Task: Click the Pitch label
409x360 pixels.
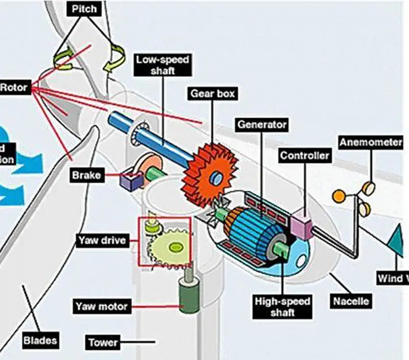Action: click(84, 9)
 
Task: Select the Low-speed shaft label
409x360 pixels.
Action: click(163, 65)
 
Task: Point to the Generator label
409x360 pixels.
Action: click(262, 124)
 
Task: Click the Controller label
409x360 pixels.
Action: click(305, 155)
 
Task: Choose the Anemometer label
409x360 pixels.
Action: click(371, 142)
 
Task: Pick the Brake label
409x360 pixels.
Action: click(86, 175)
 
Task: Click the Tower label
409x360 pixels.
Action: click(103, 342)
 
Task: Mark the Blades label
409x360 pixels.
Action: click(40, 339)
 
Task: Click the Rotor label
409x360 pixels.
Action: click(14, 87)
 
